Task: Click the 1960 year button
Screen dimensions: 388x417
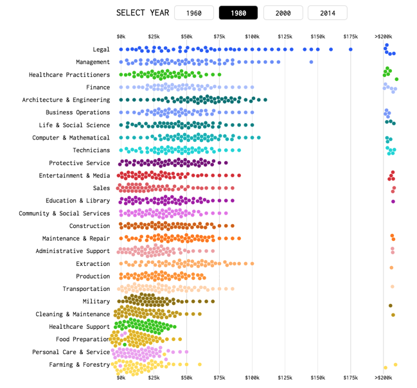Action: pos(194,13)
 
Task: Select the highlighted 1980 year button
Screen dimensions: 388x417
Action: pos(238,13)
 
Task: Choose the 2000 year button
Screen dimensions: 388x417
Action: pos(283,13)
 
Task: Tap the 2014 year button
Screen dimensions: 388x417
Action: pos(327,13)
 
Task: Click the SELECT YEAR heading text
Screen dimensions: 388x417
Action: pos(143,13)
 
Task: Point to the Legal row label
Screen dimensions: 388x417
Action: pos(101,49)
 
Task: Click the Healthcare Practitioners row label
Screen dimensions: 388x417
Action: pos(69,75)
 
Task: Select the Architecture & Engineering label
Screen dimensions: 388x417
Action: pos(66,100)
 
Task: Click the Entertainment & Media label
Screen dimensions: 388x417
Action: pos(75,175)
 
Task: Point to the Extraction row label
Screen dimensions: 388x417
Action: pos(93,263)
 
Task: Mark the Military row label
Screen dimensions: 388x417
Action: pos(96,301)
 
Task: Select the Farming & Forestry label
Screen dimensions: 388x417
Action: pos(80,364)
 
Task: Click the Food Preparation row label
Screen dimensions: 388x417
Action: pos(83,339)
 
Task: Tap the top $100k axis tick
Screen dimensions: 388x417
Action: pos(252,37)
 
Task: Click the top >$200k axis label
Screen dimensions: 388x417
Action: pos(384,37)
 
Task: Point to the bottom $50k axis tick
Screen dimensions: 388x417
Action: pos(186,378)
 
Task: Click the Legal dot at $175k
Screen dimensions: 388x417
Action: pos(351,49)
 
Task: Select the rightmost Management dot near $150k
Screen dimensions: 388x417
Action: pos(312,62)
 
